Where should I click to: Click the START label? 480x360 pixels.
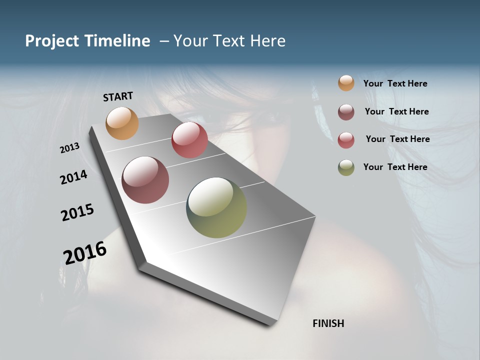pyautogui.click(x=118, y=96)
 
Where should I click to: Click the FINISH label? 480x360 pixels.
pyautogui.click(x=328, y=323)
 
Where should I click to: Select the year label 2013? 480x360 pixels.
pyautogui.click(x=70, y=148)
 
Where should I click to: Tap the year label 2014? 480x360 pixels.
pyautogui.click(x=74, y=177)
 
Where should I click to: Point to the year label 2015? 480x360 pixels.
pyautogui.click(x=77, y=212)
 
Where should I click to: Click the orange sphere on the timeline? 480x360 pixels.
pyautogui.click(x=122, y=123)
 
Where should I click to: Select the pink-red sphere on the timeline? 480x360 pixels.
pyautogui.click(x=189, y=140)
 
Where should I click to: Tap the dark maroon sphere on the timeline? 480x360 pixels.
pyautogui.click(x=145, y=180)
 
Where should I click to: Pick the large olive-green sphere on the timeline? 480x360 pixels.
pyautogui.click(x=216, y=207)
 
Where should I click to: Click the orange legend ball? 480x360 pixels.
pyautogui.click(x=346, y=83)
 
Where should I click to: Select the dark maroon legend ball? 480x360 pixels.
pyautogui.click(x=346, y=112)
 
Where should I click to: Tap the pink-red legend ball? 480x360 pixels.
pyautogui.click(x=346, y=139)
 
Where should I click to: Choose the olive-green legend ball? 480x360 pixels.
pyautogui.click(x=346, y=167)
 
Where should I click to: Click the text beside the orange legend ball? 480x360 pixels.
pyautogui.click(x=395, y=84)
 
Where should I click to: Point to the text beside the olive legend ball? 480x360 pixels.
pyautogui.click(x=395, y=167)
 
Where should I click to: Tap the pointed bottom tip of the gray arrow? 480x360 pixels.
pyautogui.click(x=270, y=324)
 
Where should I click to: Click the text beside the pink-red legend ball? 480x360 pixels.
pyautogui.click(x=397, y=139)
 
